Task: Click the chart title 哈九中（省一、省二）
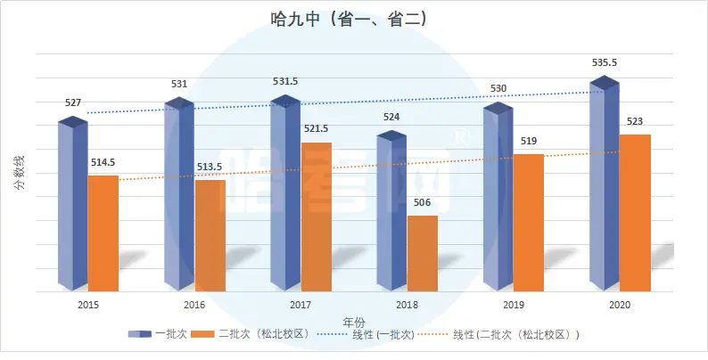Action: pos(354,19)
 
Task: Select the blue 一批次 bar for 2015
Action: pos(71,205)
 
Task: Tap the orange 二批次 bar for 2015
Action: pos(103,233)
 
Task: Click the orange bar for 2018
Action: pos(423,253)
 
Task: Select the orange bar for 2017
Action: pos(316,217)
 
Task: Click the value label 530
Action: pos(498,89)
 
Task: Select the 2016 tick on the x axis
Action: pos(194,305)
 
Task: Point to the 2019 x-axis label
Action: pos(514,305)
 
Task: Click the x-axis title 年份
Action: pos(354,321)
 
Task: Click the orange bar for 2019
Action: pos(528,223)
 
